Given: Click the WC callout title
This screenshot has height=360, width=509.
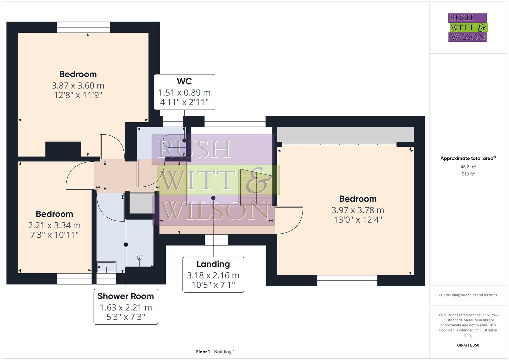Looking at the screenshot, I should (184, 81).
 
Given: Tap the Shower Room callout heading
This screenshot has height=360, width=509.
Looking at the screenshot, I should (126, 296).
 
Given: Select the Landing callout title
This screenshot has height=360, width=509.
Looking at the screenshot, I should (213, 264).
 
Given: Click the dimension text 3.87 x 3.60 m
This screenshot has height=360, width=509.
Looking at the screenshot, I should (78, 86).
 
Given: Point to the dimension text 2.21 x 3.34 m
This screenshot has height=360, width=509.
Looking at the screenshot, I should (54, 225).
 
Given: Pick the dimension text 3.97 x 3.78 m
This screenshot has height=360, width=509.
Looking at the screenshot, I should (358, 210).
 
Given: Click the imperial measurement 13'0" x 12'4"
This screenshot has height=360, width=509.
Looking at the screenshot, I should (358, 220).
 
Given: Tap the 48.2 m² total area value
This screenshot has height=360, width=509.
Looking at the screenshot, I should (468, 167).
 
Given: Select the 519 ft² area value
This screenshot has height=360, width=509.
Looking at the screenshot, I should (468, 174).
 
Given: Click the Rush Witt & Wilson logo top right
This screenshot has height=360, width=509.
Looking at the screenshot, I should (467, 28).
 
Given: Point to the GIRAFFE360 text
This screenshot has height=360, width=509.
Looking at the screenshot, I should (468, 345).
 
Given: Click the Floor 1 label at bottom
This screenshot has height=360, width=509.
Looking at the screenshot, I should (203, 352).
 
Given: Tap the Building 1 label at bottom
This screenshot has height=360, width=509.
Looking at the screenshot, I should (224, 352).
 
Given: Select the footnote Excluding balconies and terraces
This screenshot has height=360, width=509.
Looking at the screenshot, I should (468, 295).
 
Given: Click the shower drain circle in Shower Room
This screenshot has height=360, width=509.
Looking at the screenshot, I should (140, 257).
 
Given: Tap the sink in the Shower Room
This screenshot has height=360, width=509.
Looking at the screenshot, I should (106, 267).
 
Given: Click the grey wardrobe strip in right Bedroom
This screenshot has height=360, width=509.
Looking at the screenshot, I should (345, 134).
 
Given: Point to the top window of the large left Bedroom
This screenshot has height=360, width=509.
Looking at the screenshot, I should (83, 27).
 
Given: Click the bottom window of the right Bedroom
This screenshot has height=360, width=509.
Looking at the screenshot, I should (347, 281).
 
